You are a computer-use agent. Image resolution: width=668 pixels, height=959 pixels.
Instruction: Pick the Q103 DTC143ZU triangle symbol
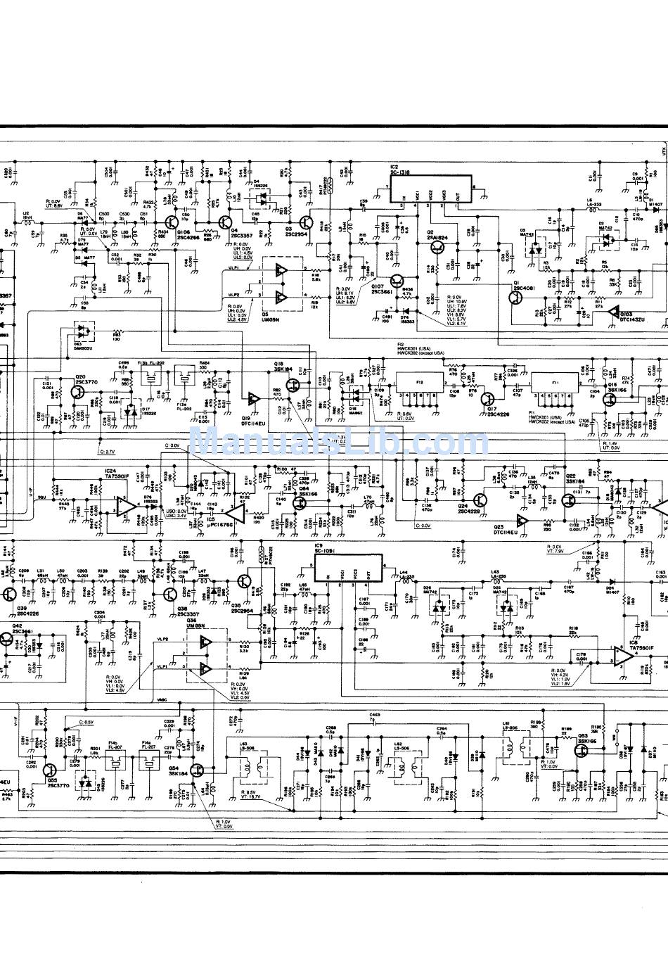(613, 311)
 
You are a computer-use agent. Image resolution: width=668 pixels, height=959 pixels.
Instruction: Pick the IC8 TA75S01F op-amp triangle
(621, 656)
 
